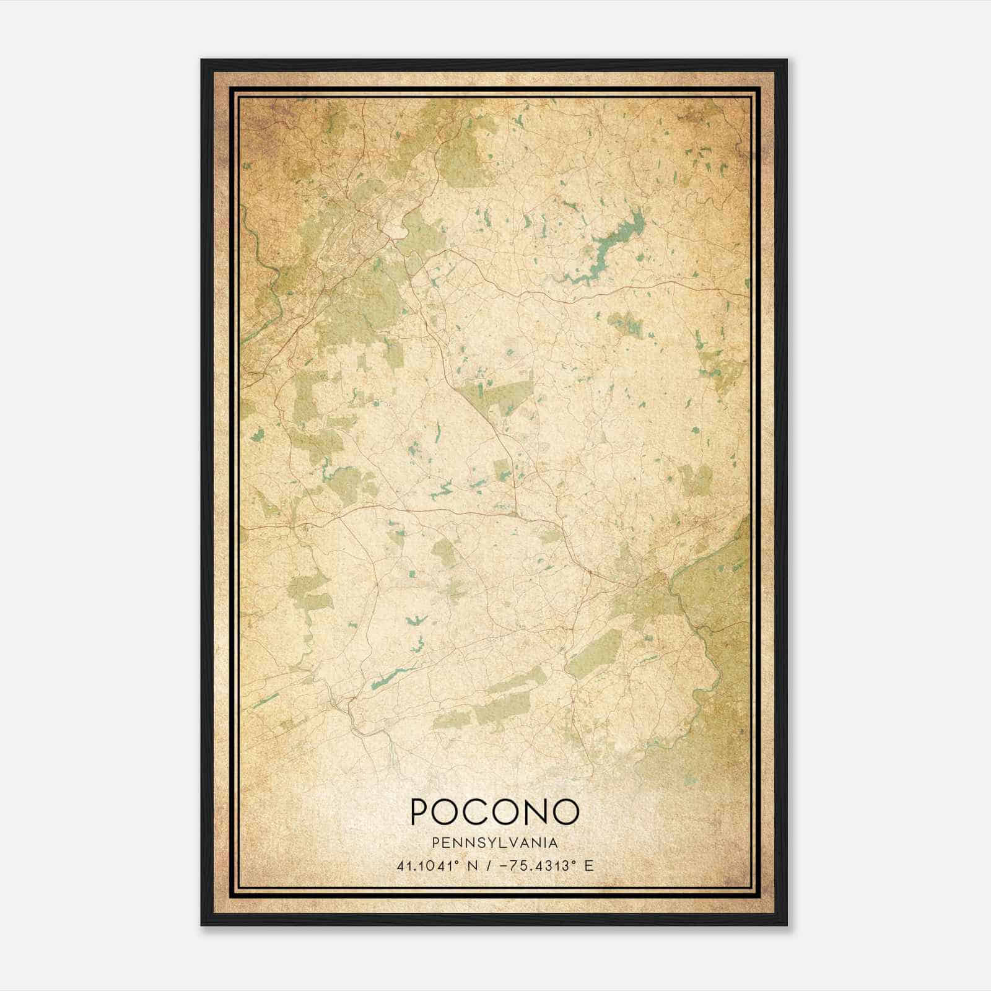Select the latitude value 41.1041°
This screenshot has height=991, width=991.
tap(432, 865)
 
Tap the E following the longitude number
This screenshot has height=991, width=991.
tap(588, 865)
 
